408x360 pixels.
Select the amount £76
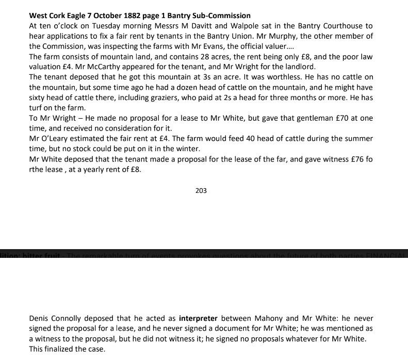[x=352, y=159]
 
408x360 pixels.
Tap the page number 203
[x=201, y=191]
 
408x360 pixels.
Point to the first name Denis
[x=39, y=319]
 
